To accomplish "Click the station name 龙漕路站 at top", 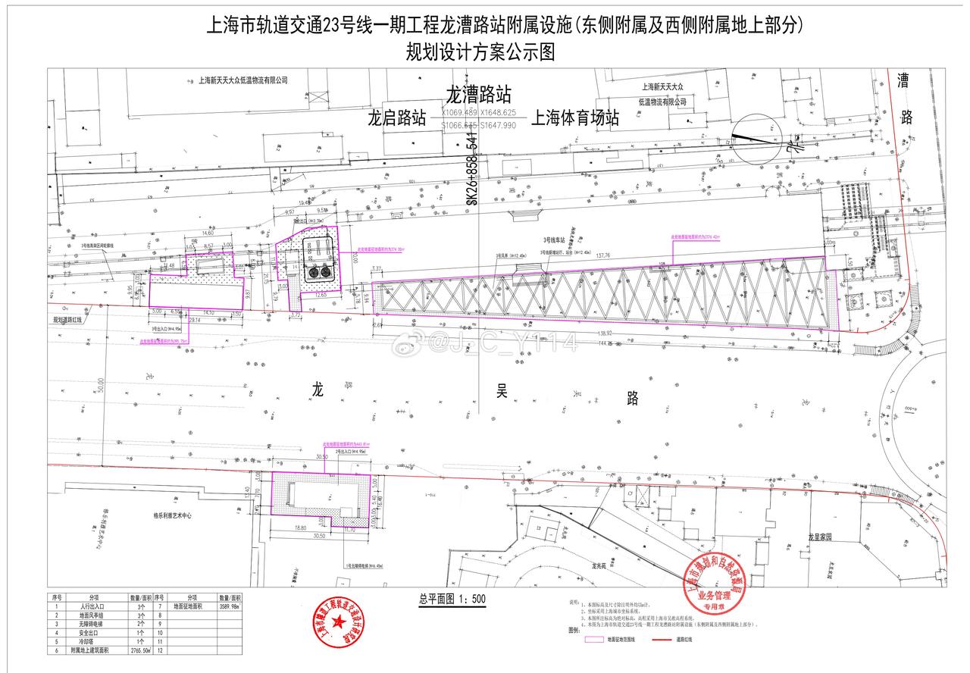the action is (x=477, y=95).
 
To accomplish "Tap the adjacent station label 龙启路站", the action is (x=396, y=120).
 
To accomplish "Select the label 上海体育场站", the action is (x=575, y=119).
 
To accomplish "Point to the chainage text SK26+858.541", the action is (x=472, y=172).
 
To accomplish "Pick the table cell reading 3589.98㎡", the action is (x=229, y=606).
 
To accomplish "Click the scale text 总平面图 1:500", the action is (x=452, y=599).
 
